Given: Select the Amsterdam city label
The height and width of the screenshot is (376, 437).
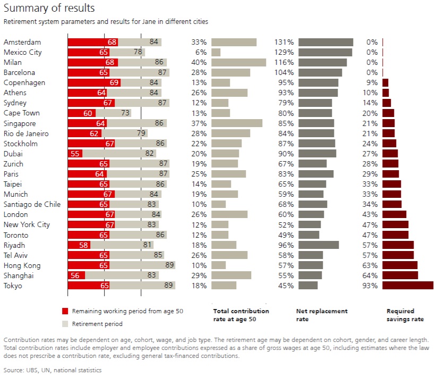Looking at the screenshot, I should tap(22, 42).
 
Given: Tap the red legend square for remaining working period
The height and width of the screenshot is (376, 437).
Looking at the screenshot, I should tap(65, 312).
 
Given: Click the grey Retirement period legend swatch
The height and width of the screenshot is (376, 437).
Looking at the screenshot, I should tap(65, 323).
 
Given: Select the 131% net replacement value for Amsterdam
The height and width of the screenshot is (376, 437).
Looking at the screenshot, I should tap(284, 42).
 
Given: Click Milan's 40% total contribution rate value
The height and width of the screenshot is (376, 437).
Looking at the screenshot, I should tap(199, 62).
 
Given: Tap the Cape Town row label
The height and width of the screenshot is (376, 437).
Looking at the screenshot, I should tap(21, 113).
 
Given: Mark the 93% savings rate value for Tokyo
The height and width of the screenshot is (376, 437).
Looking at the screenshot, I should tap(371, 286).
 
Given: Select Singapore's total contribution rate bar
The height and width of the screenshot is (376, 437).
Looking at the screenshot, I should tap(237, 123).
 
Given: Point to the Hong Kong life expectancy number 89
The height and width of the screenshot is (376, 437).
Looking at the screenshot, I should tap(169, 265).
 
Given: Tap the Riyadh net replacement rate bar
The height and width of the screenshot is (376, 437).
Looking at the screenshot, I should tap(319, 245).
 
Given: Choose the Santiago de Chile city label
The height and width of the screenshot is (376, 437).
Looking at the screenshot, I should tap(32, 205).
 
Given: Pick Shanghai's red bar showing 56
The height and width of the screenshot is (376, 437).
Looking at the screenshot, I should tap(76, 275).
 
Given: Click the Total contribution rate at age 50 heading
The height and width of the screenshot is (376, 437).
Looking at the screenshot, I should tap(241, 315).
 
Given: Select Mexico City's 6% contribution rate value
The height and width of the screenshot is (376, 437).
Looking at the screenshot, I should tap(201, 52).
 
